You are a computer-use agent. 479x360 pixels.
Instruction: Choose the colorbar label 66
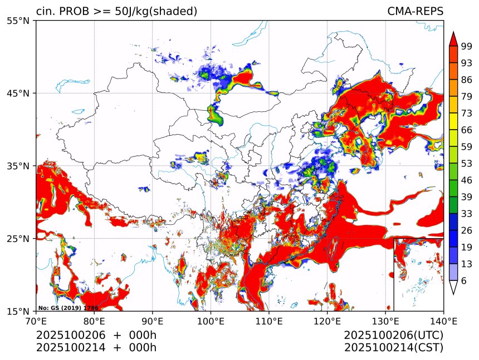[466, 130]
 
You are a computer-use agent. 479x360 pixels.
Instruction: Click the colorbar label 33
[466, 214]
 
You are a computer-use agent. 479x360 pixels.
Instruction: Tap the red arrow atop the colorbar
[453, 39]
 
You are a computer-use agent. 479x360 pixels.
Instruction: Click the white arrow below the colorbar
[453, 287]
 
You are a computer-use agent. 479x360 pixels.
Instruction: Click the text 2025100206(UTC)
[393, 336]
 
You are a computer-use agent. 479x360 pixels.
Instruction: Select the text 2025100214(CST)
[393, 348]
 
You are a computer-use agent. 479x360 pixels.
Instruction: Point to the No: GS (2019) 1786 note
[69, 308]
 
